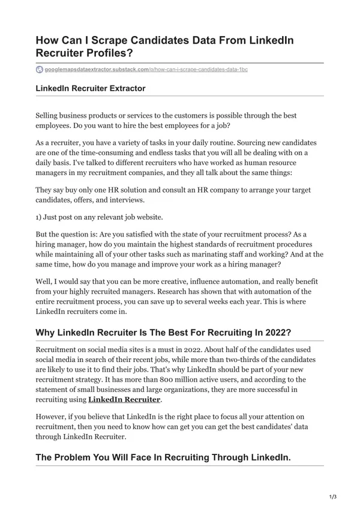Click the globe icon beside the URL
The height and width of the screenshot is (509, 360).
(40, 70)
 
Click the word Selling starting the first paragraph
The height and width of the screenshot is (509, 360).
(50, 115)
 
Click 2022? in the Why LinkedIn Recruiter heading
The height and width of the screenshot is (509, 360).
(276, 333)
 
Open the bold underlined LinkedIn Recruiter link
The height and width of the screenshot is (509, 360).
(124, 399)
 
